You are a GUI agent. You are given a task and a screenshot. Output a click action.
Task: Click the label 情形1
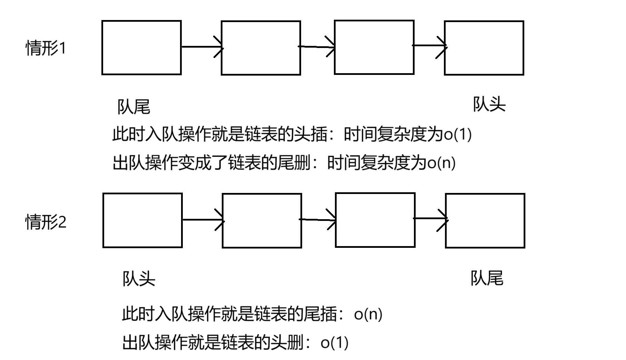pyautogui.click(x=46, y=48)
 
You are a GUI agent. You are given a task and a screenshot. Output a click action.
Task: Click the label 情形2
pyautogui.click(x=46, y=222)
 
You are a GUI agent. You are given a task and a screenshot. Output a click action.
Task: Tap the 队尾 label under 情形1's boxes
pyautogui.click(x=134, y=107)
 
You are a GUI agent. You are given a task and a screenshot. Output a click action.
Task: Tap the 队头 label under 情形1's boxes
pyautogui.click(x=489, y=104)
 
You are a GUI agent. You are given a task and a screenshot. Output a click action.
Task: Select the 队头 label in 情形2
pyautogui.click(x=139, y=279)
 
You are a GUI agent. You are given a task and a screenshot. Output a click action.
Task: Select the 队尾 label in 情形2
pyautogui.click(x=487, y=278)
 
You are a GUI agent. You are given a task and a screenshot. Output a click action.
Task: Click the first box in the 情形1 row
pyautogui.click(x=141, y=48)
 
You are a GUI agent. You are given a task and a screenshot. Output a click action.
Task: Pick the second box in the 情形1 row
pyautogui.click(x=261, y=48)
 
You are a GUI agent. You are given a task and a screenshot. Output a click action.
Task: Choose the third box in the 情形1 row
pyautogui.click(x=374, y=47)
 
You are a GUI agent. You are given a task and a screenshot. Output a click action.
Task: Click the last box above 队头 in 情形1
pyautogui.click(x=484, y=48)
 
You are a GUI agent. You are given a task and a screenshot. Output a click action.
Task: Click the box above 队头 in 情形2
pyautogui.click(x=142, y=221)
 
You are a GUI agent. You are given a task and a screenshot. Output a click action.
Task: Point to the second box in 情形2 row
pyautogui.click(x=262, y=221)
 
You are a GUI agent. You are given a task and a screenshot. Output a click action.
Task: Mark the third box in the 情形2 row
pyautogui.click(x=375, y=220)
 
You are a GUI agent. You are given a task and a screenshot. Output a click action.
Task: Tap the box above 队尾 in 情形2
pyautogui.click(x=485, y=221)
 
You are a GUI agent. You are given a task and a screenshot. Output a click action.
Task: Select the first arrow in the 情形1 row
pyautogui.click(x=202, y=47)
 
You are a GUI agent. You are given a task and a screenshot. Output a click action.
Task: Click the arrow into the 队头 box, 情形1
pyautogui.click(x=430, y=46)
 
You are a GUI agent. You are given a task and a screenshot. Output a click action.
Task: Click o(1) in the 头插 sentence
pyautogui.click(x=457, y=134)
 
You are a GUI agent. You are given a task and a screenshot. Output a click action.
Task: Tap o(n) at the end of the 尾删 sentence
pyautogui.click(x=441, y=163)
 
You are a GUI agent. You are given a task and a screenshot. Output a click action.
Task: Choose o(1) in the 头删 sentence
pyautogui.click(x=334, y=343)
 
